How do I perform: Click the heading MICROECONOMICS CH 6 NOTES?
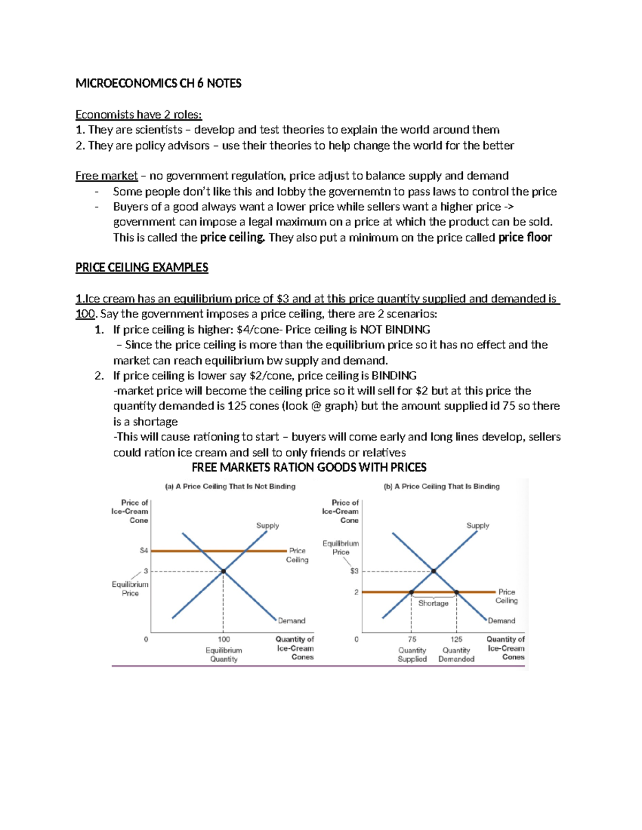(x=158, y=83)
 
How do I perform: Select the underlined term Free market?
(x=106, y=176)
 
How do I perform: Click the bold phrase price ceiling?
(x=232, y=237)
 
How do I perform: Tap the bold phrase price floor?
(x=524, y=237)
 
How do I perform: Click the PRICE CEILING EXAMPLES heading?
(x=142, y=267)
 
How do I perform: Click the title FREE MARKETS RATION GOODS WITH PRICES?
(x=309, y=468)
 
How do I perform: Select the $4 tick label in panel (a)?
(x=143, y=550)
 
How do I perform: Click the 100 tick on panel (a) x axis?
(x=224, y=639)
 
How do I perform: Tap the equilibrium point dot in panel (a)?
(x=224, y=571)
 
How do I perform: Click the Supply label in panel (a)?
(x=267, y=525)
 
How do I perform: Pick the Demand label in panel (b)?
(x=501, y=620)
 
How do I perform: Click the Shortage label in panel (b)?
(x=433, y=603)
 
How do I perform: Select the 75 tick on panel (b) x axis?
(x=412, y=639)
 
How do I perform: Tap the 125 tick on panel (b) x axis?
(x=456, y=639)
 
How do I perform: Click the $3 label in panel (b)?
(x=354, y=571)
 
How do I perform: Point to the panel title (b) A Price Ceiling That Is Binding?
(x=441, y=486)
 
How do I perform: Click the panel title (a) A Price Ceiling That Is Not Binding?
(x=230, y=486)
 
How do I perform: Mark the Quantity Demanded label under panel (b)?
(x=456, y=655)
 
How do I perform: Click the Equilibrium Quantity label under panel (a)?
(x=224, y=655)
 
